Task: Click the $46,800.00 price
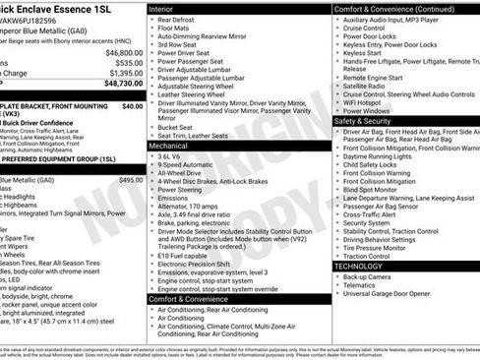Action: [124, 52]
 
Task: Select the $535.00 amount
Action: [128, 62]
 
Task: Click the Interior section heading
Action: [161, 8]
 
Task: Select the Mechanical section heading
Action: [168, 145]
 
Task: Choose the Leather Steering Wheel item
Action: [192, 92]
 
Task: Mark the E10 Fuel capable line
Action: [184, 255]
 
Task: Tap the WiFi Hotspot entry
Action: [363, 101]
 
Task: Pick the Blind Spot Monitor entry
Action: [372, 190]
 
